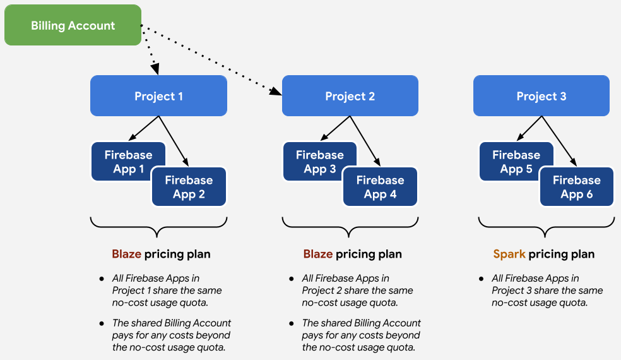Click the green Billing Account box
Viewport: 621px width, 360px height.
click(x=73, y=25)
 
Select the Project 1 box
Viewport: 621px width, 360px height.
click(x=158, y=96)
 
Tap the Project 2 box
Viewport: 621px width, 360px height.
click(x=350, y=96)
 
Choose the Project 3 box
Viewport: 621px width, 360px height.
click(x=541, y=96)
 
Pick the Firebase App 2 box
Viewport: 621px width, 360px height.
click(x=189, y=187)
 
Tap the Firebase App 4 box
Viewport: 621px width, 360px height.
click(x=380, y=187)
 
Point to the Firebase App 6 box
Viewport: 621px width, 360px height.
click(x=576, y=187)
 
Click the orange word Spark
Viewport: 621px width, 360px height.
click(x=509, y=254)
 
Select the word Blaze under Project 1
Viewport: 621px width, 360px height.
click(x=127, y=254)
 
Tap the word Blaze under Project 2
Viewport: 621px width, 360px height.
click(x=318, y=254)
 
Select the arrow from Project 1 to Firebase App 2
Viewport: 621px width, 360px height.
click(x=173, y=141)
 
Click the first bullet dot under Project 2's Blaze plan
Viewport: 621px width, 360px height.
click(x=292, y=279)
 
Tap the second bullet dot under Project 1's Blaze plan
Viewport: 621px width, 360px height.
click(x=102, y=323)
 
